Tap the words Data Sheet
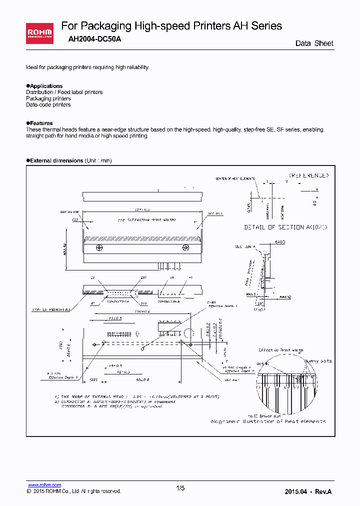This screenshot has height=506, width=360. coord(314,43)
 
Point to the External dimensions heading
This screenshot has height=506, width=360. coord(56,160)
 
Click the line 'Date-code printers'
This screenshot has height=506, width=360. coord(48,105)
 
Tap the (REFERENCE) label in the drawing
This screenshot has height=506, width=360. coord(308,175)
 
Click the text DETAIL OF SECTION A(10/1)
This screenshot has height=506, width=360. coord(285,227)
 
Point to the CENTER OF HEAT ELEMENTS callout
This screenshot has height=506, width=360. coord(235,178)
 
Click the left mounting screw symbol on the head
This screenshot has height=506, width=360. coord(99,247)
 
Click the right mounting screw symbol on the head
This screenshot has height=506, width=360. coord(186,247)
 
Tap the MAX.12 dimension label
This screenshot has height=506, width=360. coord(285,297)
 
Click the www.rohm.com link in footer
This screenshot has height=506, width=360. coord(44,485)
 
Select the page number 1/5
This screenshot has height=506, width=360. coord(180,488)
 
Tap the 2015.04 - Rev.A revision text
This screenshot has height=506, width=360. coord(308,491)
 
